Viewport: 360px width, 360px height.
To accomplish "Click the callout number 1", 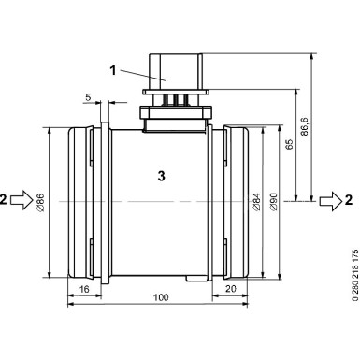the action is click(x=113, y=70).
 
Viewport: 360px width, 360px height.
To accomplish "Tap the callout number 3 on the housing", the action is click(x=161, y=177).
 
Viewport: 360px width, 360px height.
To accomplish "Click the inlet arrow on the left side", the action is click(x=22, y=199).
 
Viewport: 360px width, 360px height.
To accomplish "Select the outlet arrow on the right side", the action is click(x=331, y=201).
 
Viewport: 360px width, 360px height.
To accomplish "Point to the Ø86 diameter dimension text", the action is click(x=40, y=203).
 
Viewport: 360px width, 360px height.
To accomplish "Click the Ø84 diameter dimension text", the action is click(x=256, y=202).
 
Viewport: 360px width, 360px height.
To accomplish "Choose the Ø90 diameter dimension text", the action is click(x=273, y=202).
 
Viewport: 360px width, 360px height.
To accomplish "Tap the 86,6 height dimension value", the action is click(x=304, y=126).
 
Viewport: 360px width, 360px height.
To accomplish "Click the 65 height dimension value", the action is click(x=290, y=144).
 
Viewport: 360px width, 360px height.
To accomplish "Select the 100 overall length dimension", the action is click(x=161, y=297).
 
